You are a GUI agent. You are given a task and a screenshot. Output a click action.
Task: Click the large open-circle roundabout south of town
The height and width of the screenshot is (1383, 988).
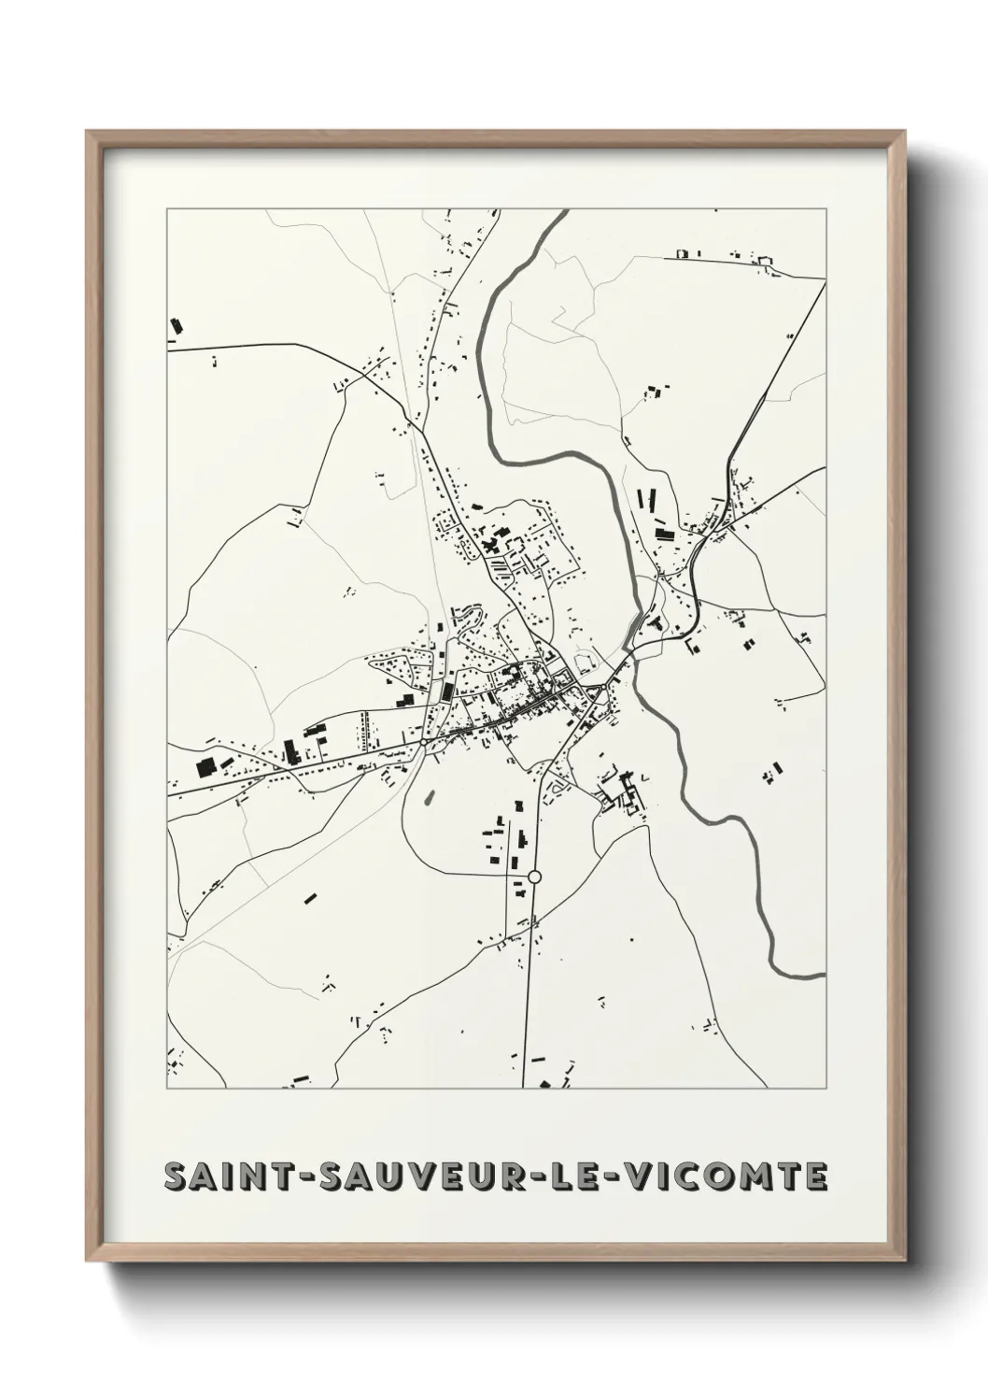pos(534,877)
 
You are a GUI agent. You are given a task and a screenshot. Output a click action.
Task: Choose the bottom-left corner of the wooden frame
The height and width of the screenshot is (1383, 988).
pos(88,1261)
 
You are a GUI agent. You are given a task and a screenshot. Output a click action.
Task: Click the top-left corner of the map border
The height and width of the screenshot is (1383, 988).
pos(167,209)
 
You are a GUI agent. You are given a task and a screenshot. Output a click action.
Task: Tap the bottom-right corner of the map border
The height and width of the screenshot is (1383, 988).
pos(826,1089)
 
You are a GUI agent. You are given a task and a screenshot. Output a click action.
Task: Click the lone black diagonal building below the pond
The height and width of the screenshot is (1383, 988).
pos(310,899)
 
